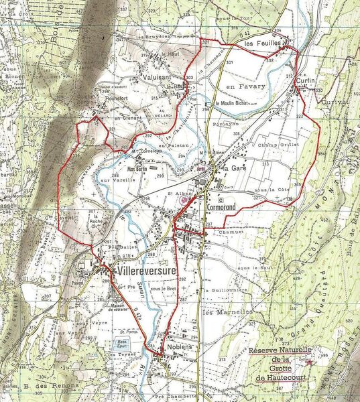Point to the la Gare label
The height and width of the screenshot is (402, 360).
point(235,167)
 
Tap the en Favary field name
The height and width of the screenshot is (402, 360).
point(245,86)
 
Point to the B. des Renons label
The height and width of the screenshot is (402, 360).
point(52,387)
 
